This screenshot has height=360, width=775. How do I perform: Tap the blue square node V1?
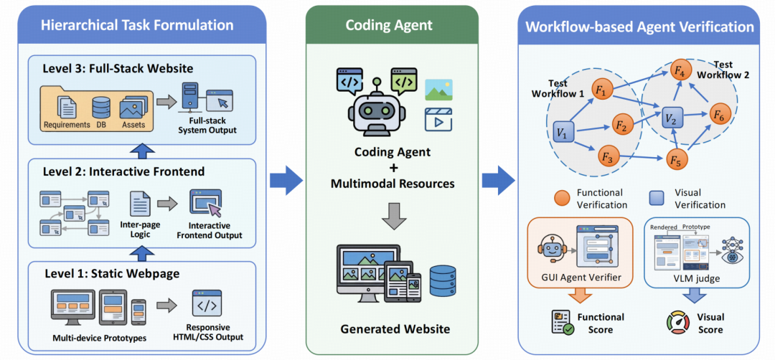click(563, 133)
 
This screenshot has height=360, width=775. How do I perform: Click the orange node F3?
click(608, 155)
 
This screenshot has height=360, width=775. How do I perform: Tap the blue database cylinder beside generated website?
click(443, 280)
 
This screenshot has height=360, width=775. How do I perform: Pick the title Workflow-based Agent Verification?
click(639, 27)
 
